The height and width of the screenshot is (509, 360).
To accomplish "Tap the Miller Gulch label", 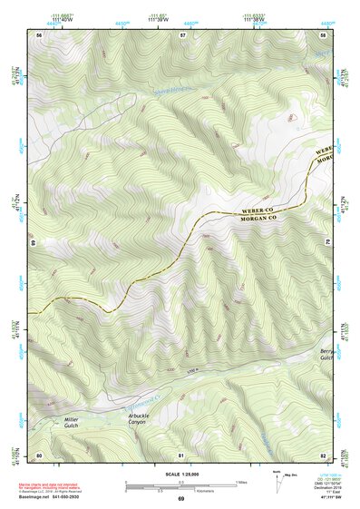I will pos(73,422).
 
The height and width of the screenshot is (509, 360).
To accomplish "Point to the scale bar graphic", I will pos(182,485).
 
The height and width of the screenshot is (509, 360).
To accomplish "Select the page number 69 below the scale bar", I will pos(181,499).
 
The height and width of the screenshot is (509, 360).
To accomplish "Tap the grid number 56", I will pos(39,34).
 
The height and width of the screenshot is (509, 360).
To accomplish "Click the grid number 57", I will pos(183,34).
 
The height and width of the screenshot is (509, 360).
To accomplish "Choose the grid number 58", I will pos(324,34).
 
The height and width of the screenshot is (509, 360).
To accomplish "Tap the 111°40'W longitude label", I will pos(62,19).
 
